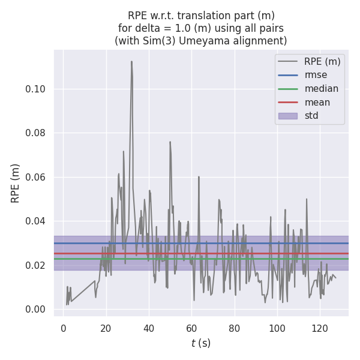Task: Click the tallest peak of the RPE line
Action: click(x=131, y=61)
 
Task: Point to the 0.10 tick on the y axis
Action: click(x=35, y=89)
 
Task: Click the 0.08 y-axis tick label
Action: click(x=35, y=133)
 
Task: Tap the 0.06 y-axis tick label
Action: click(x=35, y=177)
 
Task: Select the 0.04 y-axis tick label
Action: click(x=35, y=221)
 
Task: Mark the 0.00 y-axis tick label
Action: click(x=35, y=310)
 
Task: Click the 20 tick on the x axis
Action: click(x=106, y=328)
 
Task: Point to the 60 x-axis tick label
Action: click(x=191, y=328)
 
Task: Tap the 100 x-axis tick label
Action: click(x=277, y=328)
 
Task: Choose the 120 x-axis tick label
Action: click(x=320, y=328)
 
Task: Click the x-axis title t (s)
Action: click(x=201, y=344)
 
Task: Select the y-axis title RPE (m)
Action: click(x=16, y=183)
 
